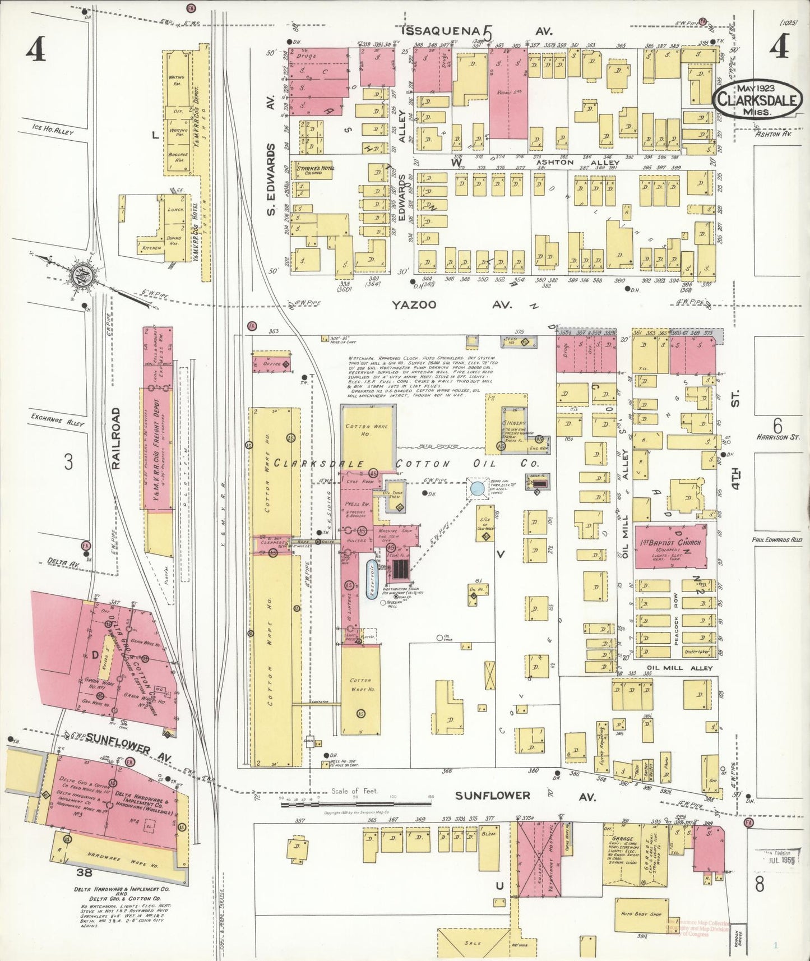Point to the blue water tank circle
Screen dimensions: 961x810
click(x=476, y=488)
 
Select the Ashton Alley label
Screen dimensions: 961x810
click(x=556, y=162)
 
